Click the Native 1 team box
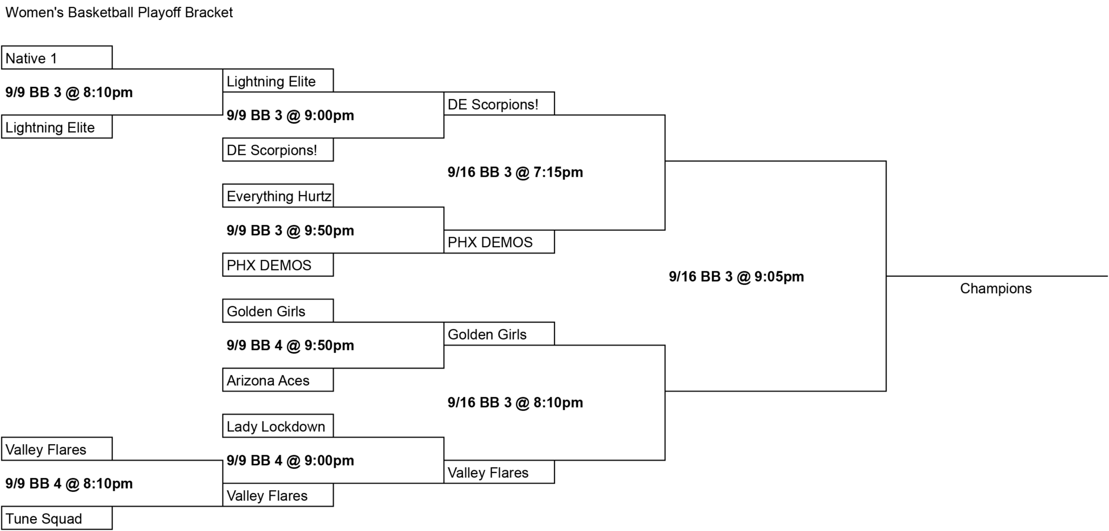[57, 57]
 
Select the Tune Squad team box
[57, 518]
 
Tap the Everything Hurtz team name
[279, 196]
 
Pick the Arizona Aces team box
[278, 380]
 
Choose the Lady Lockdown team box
[278, 426]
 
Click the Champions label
[996, 288]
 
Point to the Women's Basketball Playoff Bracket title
[119, 12]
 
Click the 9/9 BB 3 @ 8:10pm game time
[69, 92]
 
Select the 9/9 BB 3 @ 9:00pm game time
[290, 115]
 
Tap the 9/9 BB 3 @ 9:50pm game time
[290, 230]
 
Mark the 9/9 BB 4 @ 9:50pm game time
[290, 345]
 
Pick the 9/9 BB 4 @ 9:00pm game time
[290, 461]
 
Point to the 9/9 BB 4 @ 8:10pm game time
[69, 483]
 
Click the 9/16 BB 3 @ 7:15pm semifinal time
[516, 172]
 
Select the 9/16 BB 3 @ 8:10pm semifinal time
[516, 403]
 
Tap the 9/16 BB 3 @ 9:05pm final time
[736, 276]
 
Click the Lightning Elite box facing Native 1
[57, 127]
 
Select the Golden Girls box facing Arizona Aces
[278, 311]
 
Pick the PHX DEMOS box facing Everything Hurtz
[278, 265]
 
